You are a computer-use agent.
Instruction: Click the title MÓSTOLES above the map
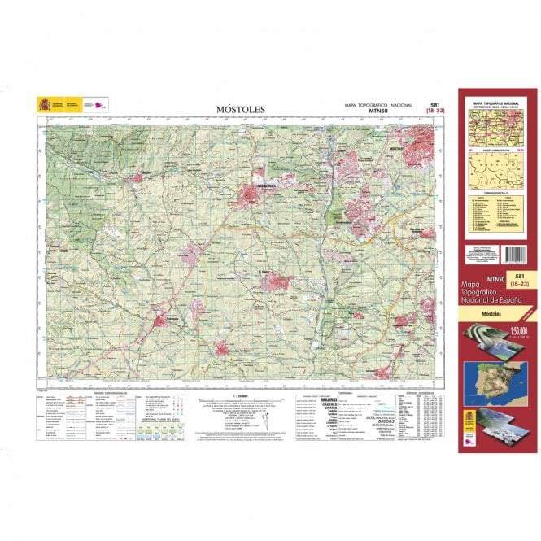(240, 109)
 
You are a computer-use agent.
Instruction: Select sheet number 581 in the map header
(435, 104)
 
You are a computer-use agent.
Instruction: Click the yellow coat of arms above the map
(44, 104)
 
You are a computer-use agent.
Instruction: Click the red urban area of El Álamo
(277, 281)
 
